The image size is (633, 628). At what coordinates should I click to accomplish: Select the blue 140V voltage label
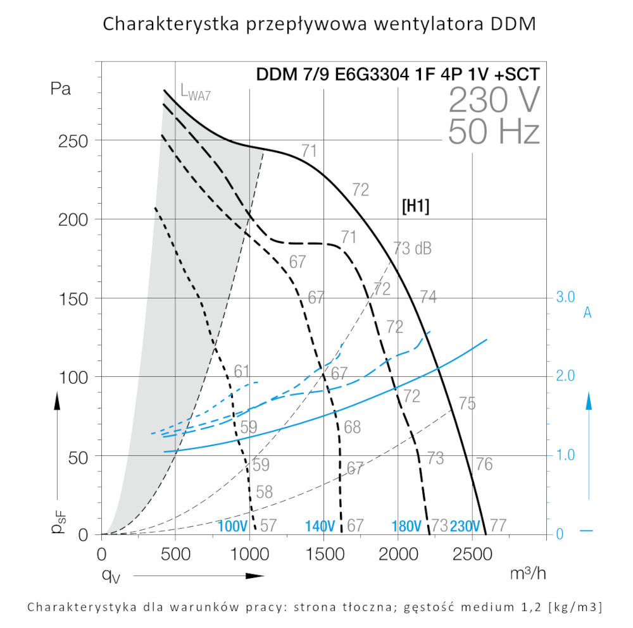[x=320, y=526]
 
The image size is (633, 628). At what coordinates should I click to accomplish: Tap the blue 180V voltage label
[x=406, y=526]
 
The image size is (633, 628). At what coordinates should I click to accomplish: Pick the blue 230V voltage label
[x=465, y=526]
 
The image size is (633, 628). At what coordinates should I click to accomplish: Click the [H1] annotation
[x=416, y=207]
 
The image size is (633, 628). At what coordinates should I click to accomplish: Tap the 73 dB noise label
[x=412, y=248]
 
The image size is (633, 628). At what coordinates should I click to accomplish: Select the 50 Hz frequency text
[x=494, y=132]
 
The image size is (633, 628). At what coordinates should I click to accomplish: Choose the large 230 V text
[x=494, y=99]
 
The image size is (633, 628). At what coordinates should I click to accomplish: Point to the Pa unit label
[x=61, y=89]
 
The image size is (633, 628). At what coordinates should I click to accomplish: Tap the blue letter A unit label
[x=587, y=312]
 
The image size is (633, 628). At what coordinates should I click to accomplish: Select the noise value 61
[x=241, y=371]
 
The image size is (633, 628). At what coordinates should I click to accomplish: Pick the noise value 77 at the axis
[x=498, y=526]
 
